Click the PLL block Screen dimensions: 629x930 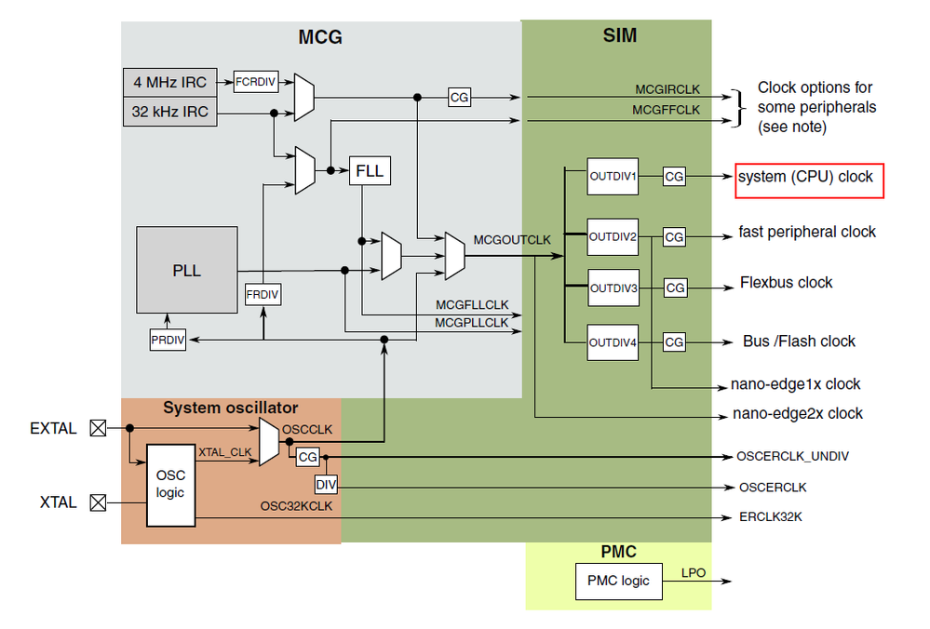point(186,269)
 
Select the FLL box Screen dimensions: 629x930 point(368,171)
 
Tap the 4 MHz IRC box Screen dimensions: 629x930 point(168,82)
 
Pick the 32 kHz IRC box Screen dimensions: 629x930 point(168,113)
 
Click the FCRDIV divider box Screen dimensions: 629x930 point(255,81)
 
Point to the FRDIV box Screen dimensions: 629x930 point(263,295)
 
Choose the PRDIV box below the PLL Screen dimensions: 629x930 point(168,341)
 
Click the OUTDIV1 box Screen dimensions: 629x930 point(613,176)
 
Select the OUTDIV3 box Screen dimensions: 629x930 point(613,288)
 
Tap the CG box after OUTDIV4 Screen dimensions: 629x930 point(674,342)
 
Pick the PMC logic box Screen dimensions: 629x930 point(618,582)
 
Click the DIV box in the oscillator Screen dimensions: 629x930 point(326,485)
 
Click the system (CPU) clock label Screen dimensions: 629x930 point(806,177)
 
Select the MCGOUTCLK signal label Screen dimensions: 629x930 point(512,240)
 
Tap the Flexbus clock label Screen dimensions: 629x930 point(787,283)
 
